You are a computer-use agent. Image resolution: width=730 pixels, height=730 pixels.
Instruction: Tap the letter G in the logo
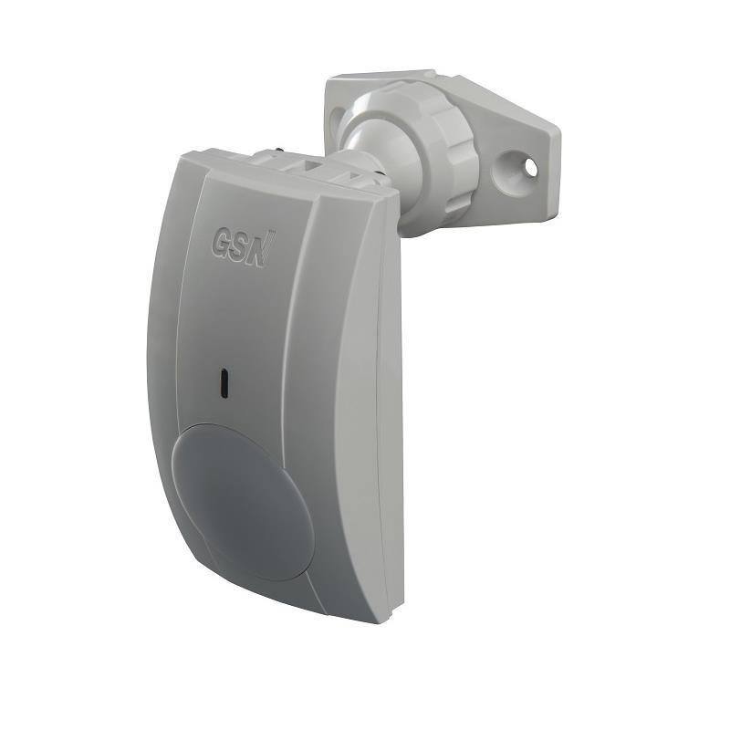click(223, 242)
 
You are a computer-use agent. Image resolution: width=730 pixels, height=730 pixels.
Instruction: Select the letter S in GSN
click(242, 245)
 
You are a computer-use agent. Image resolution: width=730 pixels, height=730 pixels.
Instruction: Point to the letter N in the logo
click(261, 247)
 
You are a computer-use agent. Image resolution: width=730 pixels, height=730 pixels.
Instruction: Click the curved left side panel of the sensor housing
click(160, 365)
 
